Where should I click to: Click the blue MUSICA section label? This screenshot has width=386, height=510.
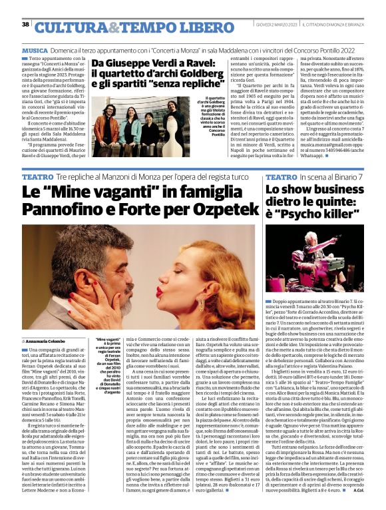[x=35, y=50]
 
